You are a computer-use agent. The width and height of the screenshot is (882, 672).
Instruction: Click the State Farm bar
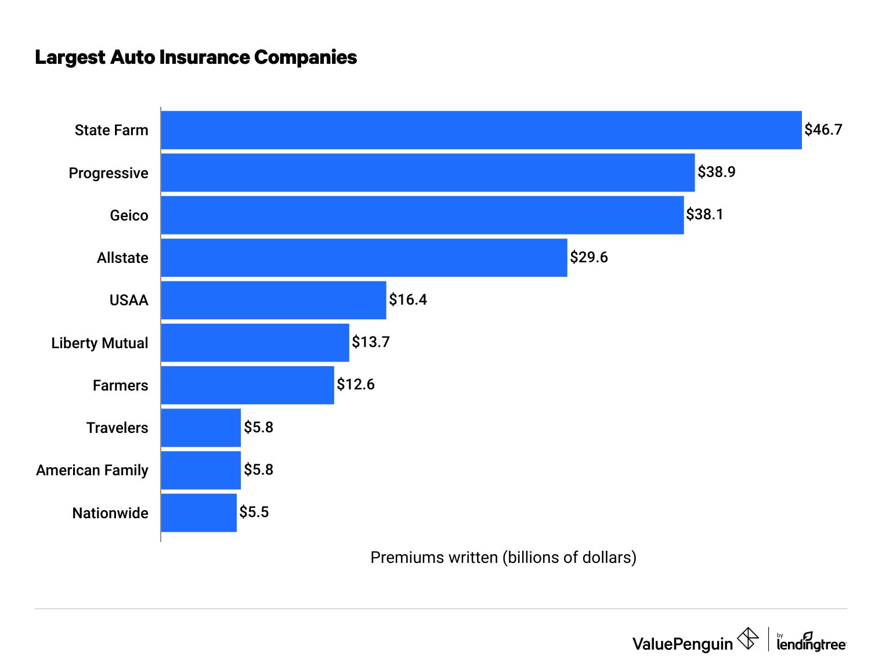click(481, 130)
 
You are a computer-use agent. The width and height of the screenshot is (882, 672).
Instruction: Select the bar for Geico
click(422, 215)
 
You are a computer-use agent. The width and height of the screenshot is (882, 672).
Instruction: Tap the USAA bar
click(273, 300)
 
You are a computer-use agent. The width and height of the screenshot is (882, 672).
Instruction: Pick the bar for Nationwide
click(198, 512)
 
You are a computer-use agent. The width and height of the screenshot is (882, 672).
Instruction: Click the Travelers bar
click(201, 428)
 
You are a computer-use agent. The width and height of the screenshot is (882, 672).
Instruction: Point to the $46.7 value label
click(823, 129)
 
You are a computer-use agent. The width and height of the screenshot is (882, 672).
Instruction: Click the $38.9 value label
click(716, 172)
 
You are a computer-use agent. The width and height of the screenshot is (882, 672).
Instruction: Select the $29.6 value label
click(588, 257)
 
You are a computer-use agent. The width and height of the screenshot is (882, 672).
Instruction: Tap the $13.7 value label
click(370, 342)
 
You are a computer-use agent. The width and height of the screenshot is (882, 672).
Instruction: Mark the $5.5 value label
click(254, 512)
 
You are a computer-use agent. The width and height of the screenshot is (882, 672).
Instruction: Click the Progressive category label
click(109, 173)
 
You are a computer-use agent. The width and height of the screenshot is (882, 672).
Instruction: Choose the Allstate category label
click(122, 258)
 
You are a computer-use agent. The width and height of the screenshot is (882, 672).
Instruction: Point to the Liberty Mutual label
click(99, 343)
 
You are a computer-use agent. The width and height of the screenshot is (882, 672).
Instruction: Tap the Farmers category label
click(120, 385)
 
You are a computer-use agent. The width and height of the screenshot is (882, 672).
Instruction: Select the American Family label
click(92, 470)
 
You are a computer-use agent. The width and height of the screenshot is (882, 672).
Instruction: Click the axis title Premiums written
click(503, 557)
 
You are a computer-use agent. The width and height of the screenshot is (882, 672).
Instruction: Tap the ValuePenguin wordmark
click(682, 644)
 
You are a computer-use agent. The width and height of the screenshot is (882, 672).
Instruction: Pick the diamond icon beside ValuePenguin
click(747, 639)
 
